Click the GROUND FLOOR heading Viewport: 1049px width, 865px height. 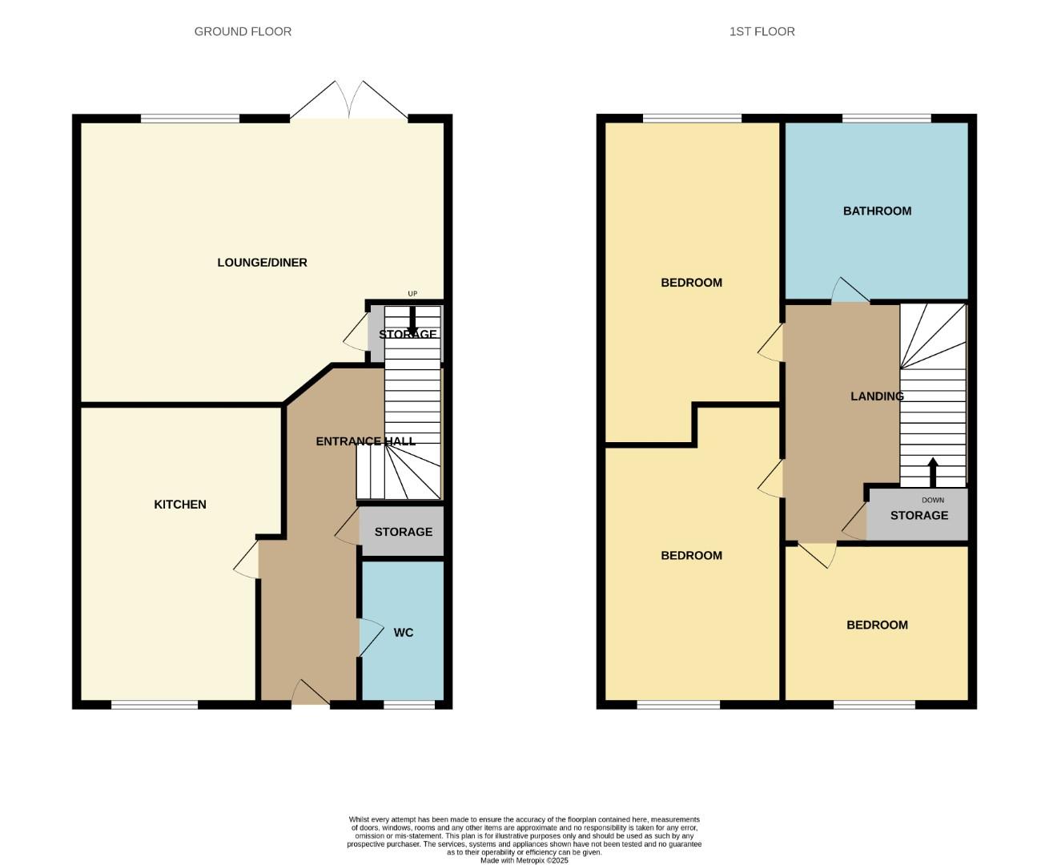point(243,31)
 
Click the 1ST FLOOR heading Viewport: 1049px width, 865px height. point(762,31)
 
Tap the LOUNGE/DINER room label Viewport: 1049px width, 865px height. point(262,263)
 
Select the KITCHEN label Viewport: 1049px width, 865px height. point(180,505)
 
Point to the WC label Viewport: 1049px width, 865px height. point(404,633)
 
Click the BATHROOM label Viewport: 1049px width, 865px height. point(877,211)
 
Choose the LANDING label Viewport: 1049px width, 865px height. point(877,396)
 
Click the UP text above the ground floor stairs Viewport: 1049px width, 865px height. point(412,294)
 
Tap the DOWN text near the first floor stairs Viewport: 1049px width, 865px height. point(933,501)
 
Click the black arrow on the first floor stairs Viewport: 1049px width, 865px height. point(933,472)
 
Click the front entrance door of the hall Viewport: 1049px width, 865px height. point(310,694)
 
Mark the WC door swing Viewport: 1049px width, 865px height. point(370,638)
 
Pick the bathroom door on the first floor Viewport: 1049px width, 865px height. point(849,292)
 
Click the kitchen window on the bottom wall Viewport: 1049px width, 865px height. point(155,705)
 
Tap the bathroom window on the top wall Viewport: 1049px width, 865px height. point(886,119)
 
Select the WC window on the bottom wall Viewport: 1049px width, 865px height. point(409,705)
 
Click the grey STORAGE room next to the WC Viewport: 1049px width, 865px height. point(402,532)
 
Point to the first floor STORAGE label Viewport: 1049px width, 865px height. point(918,516)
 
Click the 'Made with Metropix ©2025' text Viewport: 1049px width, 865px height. point(524,861)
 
